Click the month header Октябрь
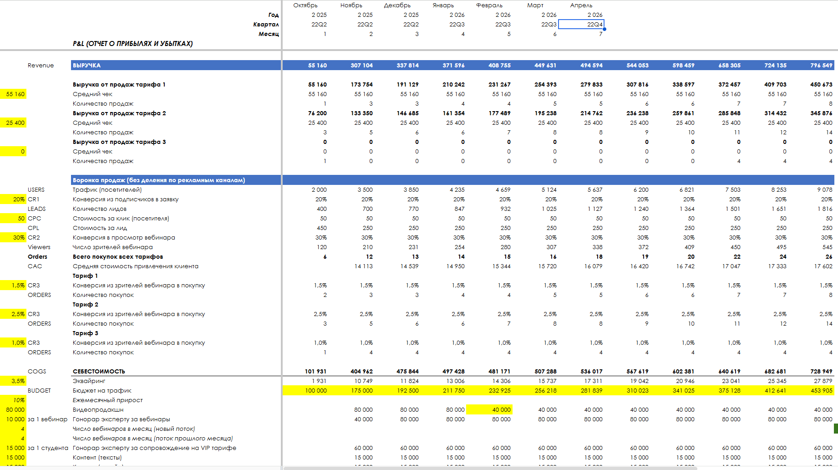305,5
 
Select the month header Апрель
581,5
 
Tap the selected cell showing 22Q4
581,25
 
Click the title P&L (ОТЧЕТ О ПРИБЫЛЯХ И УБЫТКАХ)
133,44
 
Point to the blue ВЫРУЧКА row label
87,66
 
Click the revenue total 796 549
821,66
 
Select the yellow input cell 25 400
13,123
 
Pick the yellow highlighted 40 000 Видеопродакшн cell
489,410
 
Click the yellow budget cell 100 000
305,391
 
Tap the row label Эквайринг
89,381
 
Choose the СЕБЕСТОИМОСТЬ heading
99,372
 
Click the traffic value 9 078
824,190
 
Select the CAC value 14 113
363,266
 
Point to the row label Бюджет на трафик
102,391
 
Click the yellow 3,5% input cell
13,381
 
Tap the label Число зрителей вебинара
113,247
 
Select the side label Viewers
39,247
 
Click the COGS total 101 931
315,372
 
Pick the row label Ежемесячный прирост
108,400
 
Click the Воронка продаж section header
159,180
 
